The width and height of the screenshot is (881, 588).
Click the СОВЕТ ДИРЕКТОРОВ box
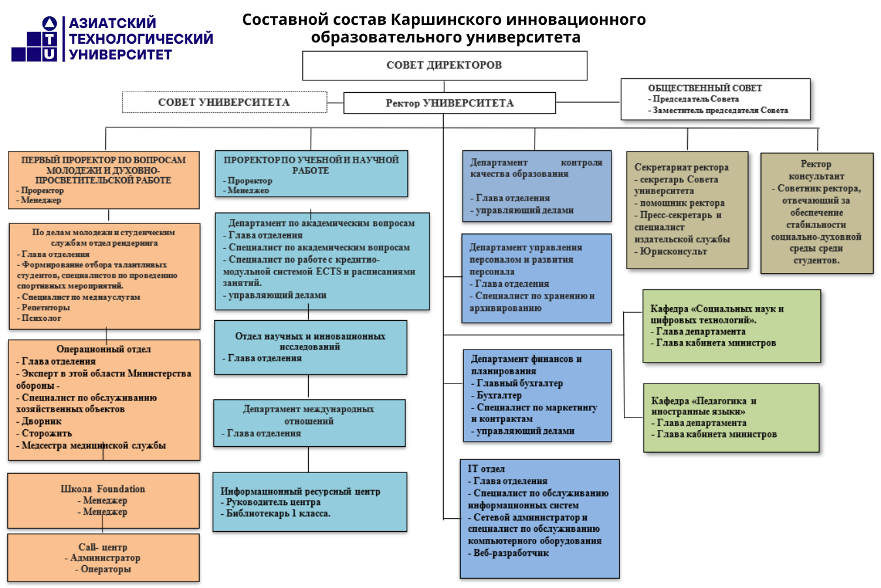point(444,65)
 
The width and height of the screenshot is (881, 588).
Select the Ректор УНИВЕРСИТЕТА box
point(449,103)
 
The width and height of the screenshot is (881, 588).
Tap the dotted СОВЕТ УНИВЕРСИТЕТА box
point(224,102)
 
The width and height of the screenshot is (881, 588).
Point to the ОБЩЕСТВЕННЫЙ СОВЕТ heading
point(705,88)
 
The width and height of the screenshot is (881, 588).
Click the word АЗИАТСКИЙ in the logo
point(113,24)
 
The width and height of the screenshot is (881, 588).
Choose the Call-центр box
point(103,558)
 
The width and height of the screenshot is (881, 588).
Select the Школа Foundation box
point(103,500)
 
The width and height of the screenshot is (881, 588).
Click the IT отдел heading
point(486,469)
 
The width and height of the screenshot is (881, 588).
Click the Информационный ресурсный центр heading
point(300,491)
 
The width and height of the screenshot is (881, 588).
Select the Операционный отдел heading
point(104,350)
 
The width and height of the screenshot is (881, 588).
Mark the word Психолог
point(41,318)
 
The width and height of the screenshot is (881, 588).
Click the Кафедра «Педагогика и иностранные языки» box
point(731,418)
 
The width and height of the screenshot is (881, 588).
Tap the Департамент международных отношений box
point(309,422)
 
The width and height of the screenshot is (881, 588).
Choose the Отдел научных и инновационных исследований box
point(310,347)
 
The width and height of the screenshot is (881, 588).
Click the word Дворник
point(41,421)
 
